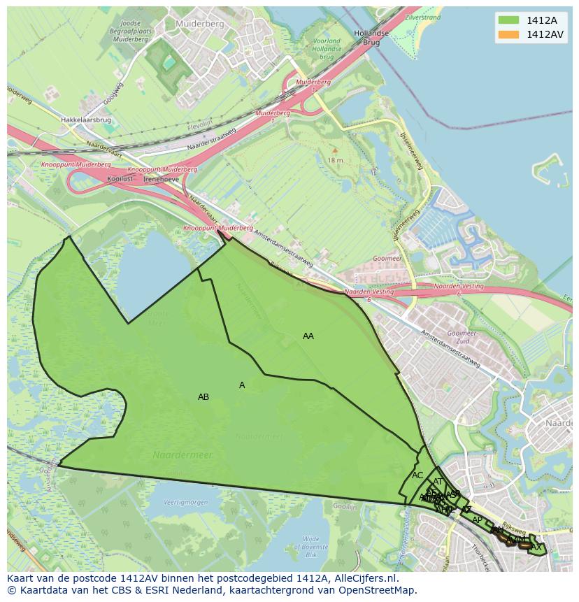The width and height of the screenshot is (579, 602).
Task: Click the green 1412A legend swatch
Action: pos(508,20)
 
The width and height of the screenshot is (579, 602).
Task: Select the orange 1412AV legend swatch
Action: pos(508,34)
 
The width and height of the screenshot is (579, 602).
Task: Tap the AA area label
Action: pos(308,336)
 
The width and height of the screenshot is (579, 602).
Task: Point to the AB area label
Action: pos(203,397)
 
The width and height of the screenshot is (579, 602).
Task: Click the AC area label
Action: pos(417,475)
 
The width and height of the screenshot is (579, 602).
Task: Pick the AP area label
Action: pos(477,519)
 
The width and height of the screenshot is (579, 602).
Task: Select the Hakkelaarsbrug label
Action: pos(86,120)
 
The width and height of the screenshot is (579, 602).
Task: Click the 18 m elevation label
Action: pos(335,160)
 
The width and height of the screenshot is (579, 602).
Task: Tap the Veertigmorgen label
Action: pos(186,503)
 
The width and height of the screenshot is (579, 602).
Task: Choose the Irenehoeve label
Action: pos(161,179)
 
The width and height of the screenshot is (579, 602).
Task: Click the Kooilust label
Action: pos(120,179)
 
